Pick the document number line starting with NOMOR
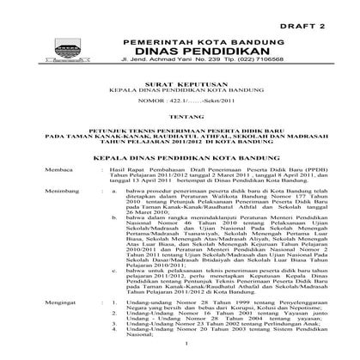click(180, 111)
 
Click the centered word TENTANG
click(180, 131)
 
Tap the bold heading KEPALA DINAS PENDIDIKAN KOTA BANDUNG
click(180, 174)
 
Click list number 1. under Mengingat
click(115, 326)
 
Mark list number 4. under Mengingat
click(115, 352)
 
